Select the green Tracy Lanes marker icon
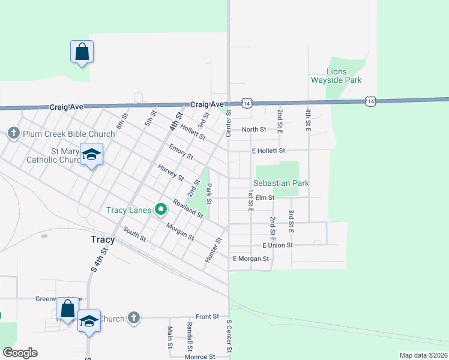coord(160,209)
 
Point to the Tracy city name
coord(102,239)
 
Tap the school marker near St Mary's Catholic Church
coord(91,155)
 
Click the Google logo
coord(20,353)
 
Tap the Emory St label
coord(181,152)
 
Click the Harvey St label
coord(171,173)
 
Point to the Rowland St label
coord(188,208)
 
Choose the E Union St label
coord(277,245)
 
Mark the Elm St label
coord(265,197)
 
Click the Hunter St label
coord(213,249)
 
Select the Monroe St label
coord(200,356)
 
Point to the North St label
coord(254,130)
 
